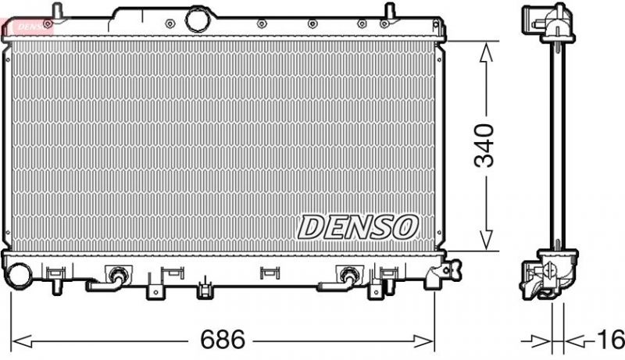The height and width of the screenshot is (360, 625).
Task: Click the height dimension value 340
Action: pos(484,145)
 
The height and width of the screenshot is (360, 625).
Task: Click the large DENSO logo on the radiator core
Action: pos(356,227)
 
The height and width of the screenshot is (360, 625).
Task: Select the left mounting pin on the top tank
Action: pos(56,11)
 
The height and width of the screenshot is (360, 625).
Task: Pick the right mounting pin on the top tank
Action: pos(387,12)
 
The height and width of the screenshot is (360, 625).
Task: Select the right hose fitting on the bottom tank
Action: pos(348,275)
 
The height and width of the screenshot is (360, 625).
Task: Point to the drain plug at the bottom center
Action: pos(205,290)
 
